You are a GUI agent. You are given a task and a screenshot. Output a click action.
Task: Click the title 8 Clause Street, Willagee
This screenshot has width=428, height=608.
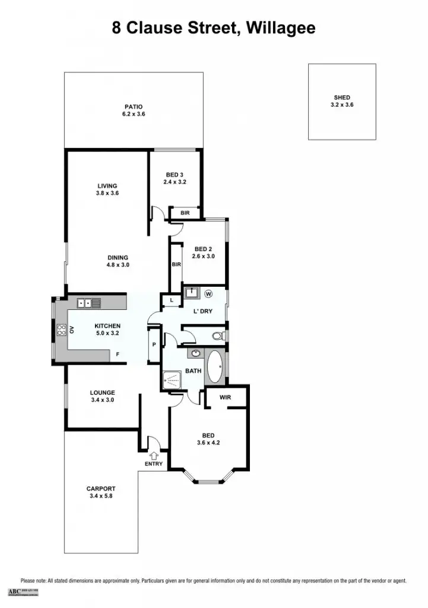point(214,28)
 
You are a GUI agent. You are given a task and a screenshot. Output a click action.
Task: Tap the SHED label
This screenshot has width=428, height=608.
point(342,97)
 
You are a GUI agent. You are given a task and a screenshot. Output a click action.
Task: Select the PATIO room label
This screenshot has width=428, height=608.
point(133,107)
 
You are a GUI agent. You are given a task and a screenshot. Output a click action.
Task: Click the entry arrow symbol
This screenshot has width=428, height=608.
point(154,455)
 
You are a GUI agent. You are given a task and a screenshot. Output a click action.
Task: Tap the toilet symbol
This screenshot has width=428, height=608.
point(218,337)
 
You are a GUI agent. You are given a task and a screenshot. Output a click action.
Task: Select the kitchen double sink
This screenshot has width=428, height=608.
point(88,303)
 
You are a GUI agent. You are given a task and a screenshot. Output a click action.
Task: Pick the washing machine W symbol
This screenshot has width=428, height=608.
point(208,293)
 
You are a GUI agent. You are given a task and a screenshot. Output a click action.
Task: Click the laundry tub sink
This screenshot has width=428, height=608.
point(191,293)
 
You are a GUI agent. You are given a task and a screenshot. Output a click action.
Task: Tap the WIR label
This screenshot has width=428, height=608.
point(225,397)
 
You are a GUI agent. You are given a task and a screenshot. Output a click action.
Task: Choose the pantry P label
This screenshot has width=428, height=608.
point(153,345)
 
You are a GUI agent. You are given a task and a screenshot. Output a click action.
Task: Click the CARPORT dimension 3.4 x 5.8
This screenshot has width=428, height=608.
point(101,496)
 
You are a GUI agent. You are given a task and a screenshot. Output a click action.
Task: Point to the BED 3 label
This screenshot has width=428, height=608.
point(175,174)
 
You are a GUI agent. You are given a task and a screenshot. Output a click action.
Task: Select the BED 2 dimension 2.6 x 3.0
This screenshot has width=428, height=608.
point(203,256)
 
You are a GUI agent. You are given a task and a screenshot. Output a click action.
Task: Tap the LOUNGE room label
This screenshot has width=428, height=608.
point(102,392)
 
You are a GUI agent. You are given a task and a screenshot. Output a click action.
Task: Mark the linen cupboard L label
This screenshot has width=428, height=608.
point(172,301)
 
